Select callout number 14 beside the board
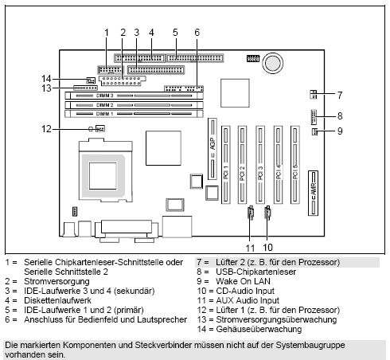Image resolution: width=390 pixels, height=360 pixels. [47, 78]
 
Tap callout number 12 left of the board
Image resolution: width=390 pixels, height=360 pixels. [47, 128]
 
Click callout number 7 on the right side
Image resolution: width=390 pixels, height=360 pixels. [340, 93]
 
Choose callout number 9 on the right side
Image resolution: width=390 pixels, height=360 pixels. [340, 131]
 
